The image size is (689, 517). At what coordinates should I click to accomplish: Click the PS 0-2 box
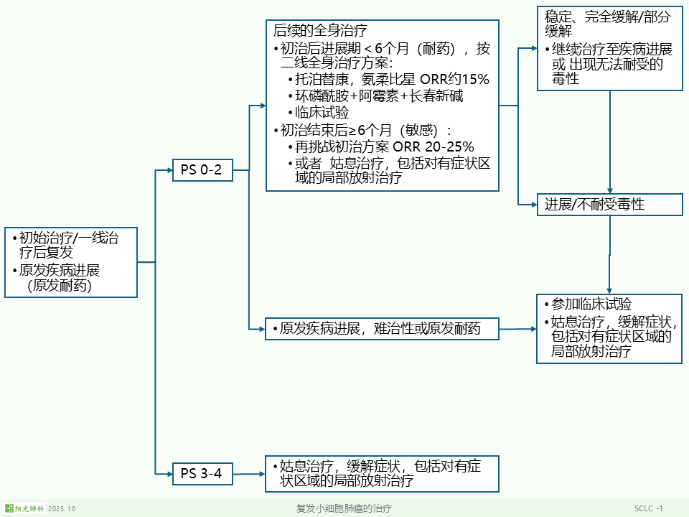pos(202,170)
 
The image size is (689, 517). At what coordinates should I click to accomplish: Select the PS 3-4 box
pos(202,473)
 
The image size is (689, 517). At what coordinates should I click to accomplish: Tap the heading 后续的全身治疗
pos(320,31)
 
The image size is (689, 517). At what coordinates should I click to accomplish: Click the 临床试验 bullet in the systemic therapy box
pos(322,113)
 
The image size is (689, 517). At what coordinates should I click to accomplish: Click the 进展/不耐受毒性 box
pos(610,205)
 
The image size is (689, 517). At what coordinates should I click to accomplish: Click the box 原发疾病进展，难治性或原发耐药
pos(382,329)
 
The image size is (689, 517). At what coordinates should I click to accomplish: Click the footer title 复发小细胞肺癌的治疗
pos(344,508)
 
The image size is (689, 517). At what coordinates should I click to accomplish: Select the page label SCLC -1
pos(648,508)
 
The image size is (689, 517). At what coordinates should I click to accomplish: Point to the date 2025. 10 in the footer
pos(62,508)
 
